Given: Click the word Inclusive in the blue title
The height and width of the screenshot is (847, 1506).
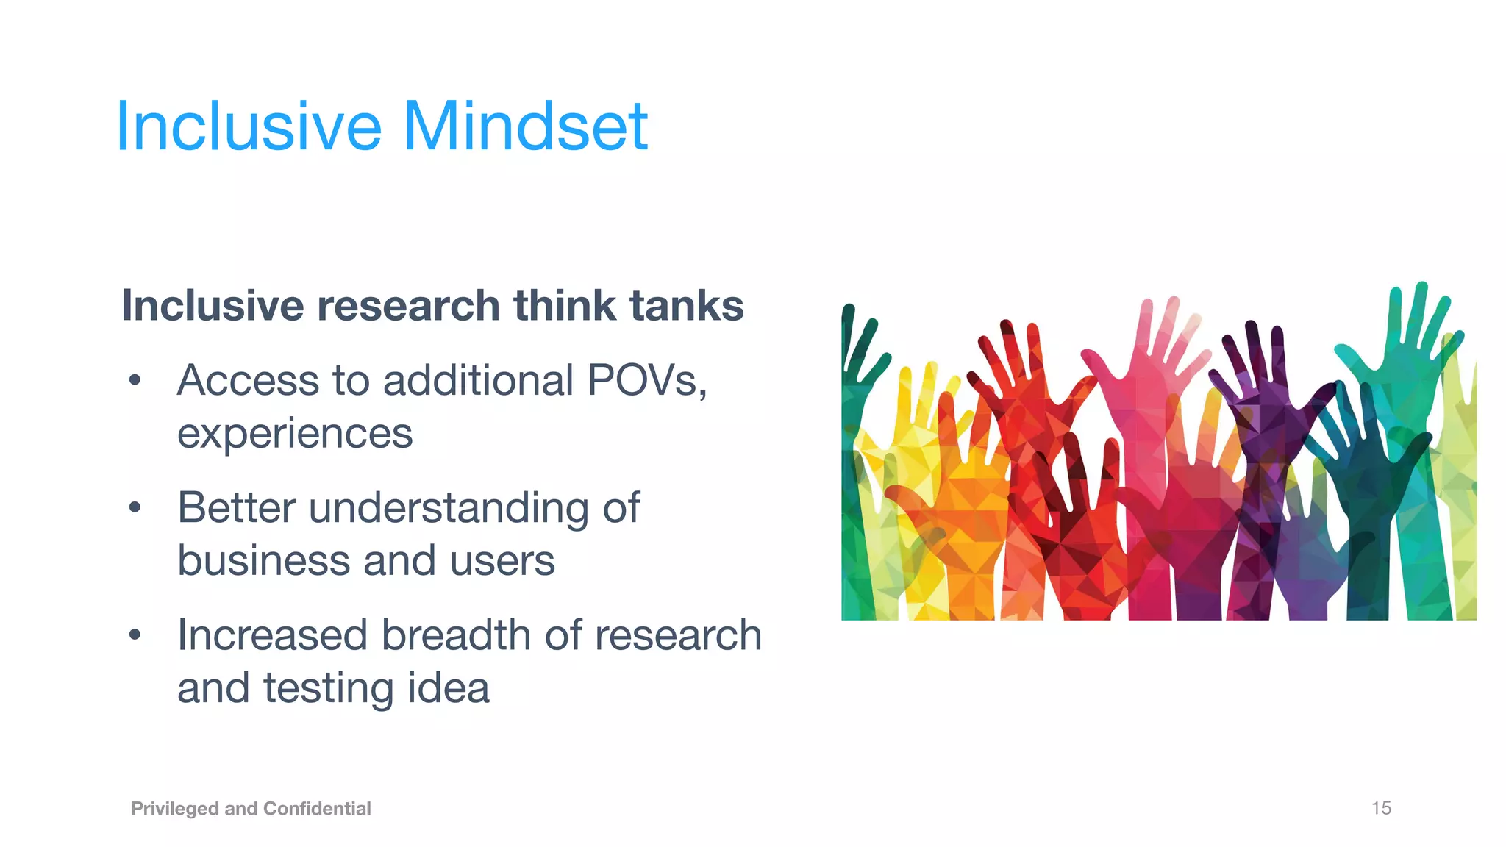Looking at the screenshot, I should tap(249, 126).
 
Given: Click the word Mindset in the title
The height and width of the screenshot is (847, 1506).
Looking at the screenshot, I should tap(525, 126).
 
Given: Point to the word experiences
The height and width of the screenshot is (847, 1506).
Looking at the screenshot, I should tap(295, 434).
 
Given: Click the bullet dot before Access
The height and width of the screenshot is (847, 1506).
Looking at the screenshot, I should tap(135, 381).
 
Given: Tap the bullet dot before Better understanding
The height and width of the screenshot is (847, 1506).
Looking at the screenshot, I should tap(135, 508).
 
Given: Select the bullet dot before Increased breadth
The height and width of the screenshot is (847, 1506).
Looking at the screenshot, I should tap(135, 635).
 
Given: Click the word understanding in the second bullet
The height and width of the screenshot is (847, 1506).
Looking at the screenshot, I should tap(448, 509).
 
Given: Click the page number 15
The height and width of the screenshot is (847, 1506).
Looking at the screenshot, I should tap(1380, 808).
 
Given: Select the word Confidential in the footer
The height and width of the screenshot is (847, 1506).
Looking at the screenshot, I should tap(317, 809).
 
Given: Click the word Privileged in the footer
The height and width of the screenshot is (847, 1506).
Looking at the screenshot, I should tap(175, 809).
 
